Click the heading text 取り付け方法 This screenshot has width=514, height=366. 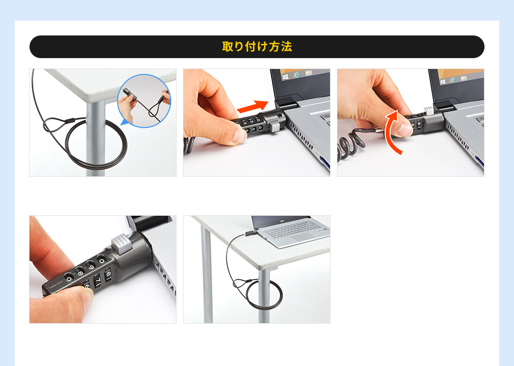257,47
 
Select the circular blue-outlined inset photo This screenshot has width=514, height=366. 144,101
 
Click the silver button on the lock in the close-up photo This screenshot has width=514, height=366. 122,243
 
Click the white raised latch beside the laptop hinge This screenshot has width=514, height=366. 429,110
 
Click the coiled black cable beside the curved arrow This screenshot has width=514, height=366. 351,144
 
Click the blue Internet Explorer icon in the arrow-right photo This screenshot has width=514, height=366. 297,74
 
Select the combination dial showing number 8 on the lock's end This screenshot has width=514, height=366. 108,273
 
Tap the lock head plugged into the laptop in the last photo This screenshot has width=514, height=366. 250,233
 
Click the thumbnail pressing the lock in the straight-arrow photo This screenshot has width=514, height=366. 241,135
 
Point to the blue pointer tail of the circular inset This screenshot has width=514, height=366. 125,123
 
